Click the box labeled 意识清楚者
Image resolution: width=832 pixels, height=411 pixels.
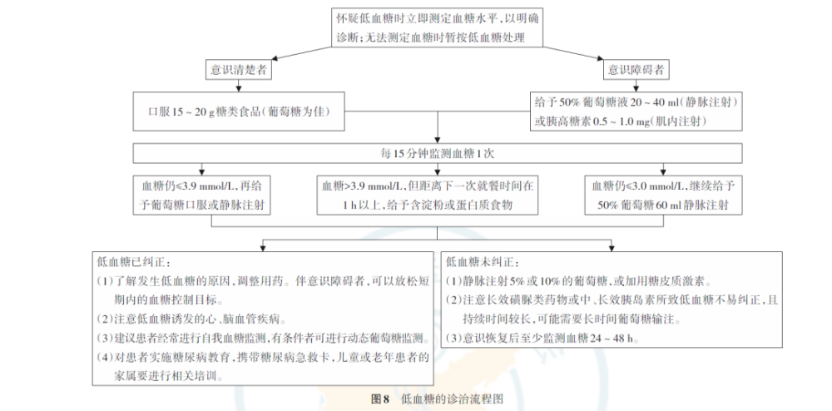tap(238, 71)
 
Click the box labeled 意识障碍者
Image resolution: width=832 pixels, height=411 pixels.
tap(636, 71)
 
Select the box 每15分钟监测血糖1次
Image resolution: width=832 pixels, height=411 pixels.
tap(437, 153)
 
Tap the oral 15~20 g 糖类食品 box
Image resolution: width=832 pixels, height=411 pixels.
tap(238, 111)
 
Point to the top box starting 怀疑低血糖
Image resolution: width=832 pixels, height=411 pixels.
tap(437, 28)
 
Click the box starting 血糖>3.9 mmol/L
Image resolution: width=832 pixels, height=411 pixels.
tap(437, 196)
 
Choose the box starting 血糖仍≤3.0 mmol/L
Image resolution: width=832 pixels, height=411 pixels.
tap(662, 196)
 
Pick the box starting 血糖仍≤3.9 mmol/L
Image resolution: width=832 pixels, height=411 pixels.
tap(202, 196)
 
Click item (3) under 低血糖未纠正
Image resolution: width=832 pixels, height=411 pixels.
tap(542, 338)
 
